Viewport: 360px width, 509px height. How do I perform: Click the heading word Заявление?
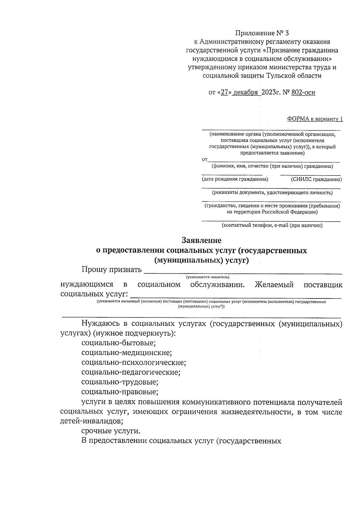tap(202, 240)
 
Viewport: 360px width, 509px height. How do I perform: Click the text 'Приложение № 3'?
tap(262, 33)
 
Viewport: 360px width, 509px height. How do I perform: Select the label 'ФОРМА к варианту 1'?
tap(315, 119)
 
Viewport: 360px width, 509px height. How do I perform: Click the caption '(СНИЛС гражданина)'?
tap(316, 179)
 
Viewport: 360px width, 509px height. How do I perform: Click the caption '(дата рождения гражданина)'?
tap(235, 179)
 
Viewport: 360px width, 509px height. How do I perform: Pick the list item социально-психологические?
tap(133, 363)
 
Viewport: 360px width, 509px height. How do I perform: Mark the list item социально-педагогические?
tap(130, 373)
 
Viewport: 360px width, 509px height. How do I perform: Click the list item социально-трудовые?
tap(120, 382)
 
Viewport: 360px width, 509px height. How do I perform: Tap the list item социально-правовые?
tap(120, 392)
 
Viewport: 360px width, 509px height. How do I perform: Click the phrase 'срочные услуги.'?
tap(111, 431)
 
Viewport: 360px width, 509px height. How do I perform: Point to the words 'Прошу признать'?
tap(112, 270)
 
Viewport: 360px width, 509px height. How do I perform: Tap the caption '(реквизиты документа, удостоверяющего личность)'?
tap(272, 193)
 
